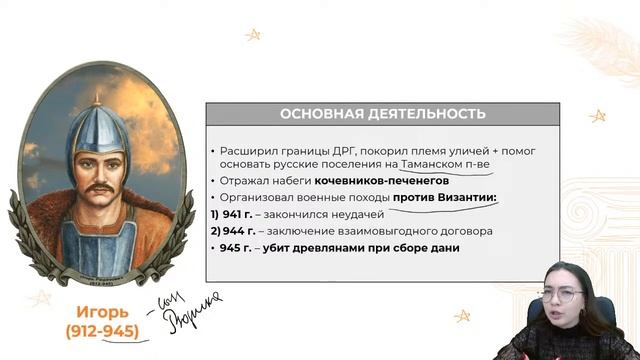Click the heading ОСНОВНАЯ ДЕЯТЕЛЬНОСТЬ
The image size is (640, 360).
[x=382, y=113]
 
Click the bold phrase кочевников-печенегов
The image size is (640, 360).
[x=380, y=181]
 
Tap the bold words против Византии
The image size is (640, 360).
[x=444, y=198]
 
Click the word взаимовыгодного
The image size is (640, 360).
[x=383, y=231]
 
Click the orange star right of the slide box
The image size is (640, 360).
[x=598, y=116]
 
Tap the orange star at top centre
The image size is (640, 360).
[x=253, y=35]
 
